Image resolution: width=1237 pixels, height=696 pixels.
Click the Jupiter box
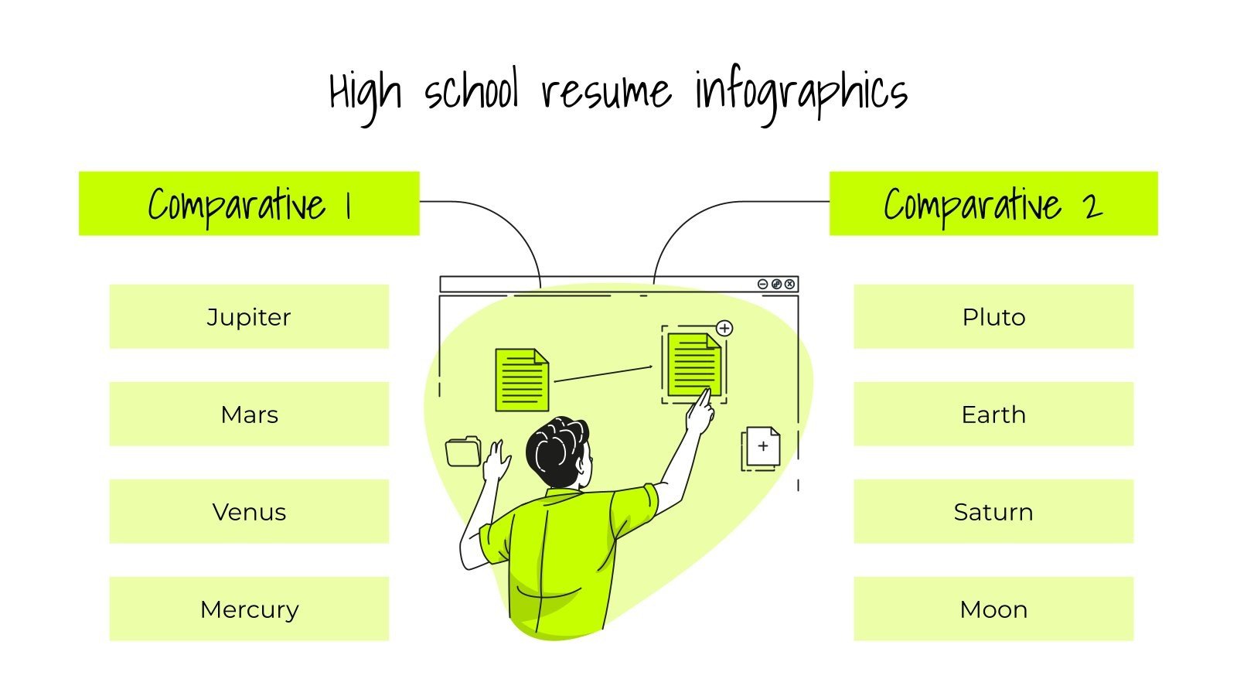249,317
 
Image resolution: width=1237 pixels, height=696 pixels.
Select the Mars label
249,415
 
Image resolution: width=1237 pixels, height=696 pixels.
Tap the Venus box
249,512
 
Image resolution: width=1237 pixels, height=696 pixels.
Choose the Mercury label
249,609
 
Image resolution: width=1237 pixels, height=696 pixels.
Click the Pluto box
993,317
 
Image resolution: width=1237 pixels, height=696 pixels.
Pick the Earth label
993,415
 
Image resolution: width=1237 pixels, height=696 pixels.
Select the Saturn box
993,512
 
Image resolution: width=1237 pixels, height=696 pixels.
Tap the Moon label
993,609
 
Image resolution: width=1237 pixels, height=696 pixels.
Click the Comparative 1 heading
249,204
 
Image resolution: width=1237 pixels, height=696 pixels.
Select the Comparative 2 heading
993,204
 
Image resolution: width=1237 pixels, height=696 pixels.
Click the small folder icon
463,452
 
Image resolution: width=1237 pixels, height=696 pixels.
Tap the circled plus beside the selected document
724,328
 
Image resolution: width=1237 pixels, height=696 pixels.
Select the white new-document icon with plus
762,448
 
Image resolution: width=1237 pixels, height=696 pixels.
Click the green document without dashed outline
521,380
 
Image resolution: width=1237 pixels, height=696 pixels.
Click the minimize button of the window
762,284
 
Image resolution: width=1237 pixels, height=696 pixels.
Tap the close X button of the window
789,284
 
